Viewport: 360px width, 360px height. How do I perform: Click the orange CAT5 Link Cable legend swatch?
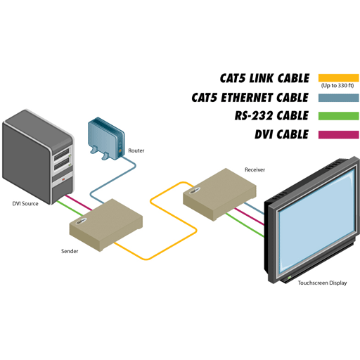pyautogui.click(x=338, y=78)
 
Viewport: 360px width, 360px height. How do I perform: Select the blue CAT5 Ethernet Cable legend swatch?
pyautogui.click(x=338, y=98)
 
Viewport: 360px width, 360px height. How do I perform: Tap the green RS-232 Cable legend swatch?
pyautogui.click(x=338, y=116)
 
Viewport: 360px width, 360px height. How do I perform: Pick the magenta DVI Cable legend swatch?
pyautogui.click(x=338, y=135)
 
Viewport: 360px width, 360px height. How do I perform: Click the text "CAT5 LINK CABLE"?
pyautogui.click(x=264, y=78)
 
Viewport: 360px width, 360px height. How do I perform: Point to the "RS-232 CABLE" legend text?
pyautogui.click(x=271, y=116)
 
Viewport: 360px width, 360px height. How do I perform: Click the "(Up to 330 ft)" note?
pyautogui.click(x=337, y=86)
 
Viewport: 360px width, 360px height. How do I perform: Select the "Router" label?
pyautogui.click(x=136, y=150)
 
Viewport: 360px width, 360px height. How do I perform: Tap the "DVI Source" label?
pyautogui.click(x=25, y=204)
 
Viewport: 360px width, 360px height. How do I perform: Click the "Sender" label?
pyautogui.click(x=70, y=251)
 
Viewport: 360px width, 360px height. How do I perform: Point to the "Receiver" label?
pyautogui.click(x=255, y=169)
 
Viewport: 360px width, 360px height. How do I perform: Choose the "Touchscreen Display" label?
pyautogui.click(x=322, y=283)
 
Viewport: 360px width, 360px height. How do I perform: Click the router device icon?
pyautogui.click(x=107, y=139)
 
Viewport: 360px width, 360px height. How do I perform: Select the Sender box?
pyautogui.click(x=106, y=225)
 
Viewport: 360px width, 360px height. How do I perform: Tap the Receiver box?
pyautogui.click(x=219, y=194)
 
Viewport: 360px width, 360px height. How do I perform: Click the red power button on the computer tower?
pyautogui.click(x=63, y=179)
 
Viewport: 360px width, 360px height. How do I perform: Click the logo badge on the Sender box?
pyautogui.click(x=82, y=221)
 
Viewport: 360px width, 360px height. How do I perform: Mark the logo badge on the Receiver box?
pyautogui.click(x=195, y=191)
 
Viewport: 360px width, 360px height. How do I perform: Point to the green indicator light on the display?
pyautogui.click(x=290, y=278)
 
